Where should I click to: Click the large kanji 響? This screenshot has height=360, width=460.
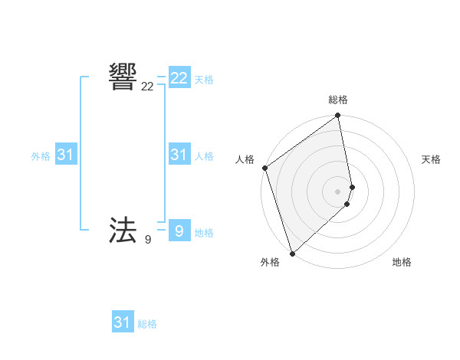[123, 77]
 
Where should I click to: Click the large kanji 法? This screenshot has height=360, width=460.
[123, 230]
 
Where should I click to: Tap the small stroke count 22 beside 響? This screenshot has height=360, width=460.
[147, 87]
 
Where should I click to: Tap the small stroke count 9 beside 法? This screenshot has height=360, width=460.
[147, 240]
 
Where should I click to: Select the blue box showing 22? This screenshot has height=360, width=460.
[179, 78]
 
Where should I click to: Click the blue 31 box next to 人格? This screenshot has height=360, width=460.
[179, 155]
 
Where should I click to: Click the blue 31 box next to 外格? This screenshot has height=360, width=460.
[65, 155]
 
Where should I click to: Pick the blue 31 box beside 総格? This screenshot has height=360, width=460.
[123, 322]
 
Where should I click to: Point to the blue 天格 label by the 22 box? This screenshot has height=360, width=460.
[204, 80]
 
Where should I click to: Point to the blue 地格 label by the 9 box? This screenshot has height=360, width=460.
[204, 233]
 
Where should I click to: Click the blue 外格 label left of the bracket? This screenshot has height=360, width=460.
[41, 156]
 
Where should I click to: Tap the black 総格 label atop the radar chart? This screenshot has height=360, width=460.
[338, 100]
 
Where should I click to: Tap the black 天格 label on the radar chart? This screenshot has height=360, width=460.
[431, 159]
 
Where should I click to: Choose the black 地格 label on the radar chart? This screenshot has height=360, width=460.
[402, 262]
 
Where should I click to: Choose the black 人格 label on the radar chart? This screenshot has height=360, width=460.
[245, 159]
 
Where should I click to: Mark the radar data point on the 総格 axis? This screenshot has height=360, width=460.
[338, 116]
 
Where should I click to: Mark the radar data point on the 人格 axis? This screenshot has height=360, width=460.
[264, 168]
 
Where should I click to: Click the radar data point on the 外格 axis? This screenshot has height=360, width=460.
[292, 253]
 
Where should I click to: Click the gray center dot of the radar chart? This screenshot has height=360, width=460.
[338, 191]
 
